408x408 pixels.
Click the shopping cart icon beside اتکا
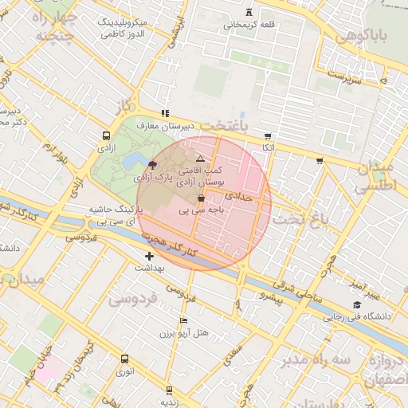point(267,136)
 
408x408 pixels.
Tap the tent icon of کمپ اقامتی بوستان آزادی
point(200,159)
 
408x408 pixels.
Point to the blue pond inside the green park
point(131,163)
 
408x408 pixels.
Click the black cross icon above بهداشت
point(149,256)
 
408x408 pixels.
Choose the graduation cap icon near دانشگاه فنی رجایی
point(357,305)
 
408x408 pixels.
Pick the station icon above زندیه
point(169,390)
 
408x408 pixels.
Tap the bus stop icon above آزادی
point(106,136)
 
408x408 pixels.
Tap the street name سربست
point(348,80)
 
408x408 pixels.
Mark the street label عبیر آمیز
point(349,285)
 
